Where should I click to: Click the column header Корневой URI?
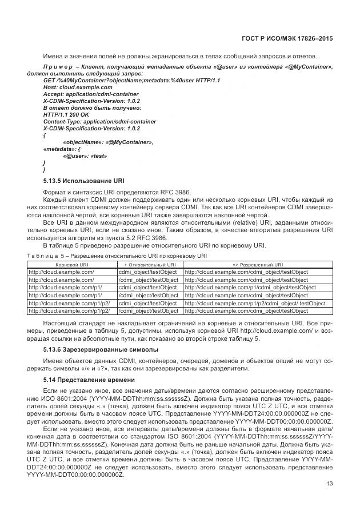71,265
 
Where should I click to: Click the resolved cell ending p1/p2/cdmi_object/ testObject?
255,303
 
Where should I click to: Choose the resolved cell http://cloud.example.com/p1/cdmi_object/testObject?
250,288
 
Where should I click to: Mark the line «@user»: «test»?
85,156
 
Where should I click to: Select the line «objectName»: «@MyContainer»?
108,142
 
